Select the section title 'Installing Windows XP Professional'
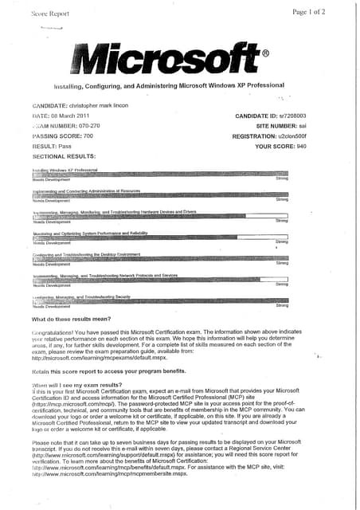point(65,171)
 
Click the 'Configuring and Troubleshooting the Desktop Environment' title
point(88,253)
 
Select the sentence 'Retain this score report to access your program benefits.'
point(108,371)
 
